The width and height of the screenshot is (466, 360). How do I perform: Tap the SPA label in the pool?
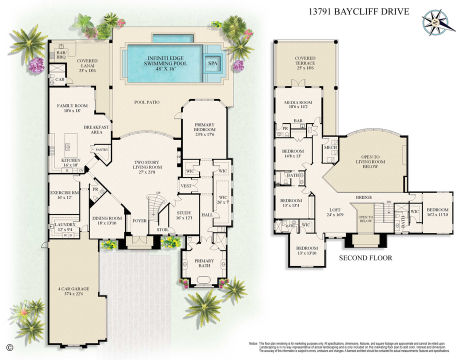point(213,63)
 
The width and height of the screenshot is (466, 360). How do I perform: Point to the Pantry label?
point(96,149)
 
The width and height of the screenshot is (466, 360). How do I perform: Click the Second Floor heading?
point(365,258)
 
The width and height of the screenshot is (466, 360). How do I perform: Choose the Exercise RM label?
point(64,195)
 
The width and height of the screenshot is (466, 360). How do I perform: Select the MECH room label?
point(329,147)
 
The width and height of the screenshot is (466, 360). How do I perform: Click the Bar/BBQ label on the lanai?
point(61,54)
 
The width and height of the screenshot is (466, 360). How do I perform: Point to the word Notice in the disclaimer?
point(253,344)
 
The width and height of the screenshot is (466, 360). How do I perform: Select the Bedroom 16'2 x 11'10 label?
point(436,212)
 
